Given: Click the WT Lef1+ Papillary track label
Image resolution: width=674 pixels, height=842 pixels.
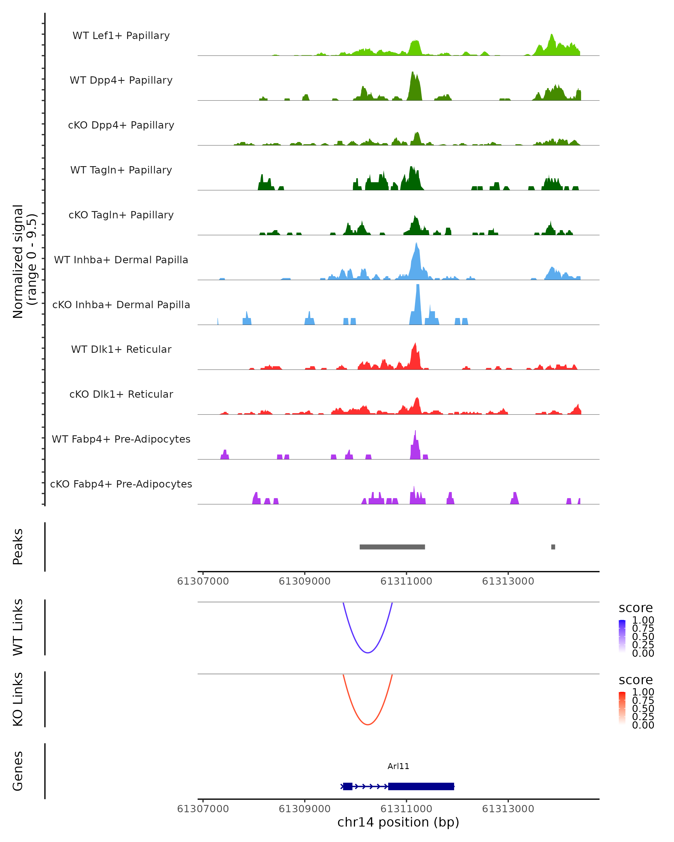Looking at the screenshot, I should tap(121, 36).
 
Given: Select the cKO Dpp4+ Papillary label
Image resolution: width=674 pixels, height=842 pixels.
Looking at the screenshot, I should tap(121, 125).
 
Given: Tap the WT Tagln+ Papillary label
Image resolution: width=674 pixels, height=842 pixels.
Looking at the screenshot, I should tap(121, 170).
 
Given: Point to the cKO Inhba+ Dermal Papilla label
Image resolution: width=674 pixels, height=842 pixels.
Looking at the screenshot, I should tap(121, 305).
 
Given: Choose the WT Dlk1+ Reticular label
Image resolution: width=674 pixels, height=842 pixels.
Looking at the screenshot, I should tap(121, 349).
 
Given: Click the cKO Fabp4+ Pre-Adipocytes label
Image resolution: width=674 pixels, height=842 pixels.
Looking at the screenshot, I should tap(121, 484).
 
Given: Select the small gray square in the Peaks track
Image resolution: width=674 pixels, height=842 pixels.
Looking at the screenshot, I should tap(553, 547).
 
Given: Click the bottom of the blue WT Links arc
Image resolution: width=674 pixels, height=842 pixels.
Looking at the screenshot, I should tap(368, 653).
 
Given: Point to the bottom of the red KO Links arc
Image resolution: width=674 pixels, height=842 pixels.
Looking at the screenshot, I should tap(368, 724).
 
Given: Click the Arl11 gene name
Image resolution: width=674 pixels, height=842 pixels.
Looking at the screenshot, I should tap(398, 766).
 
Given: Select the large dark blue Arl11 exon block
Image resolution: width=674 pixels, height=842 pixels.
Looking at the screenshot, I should tap(421, 786).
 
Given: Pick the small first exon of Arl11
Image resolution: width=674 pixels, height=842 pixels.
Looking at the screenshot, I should tap(347, 786).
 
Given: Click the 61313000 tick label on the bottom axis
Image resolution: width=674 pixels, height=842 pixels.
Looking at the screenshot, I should tap(508, 809).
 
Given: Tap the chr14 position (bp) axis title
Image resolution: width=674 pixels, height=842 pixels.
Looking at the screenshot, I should tap(398, 822).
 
